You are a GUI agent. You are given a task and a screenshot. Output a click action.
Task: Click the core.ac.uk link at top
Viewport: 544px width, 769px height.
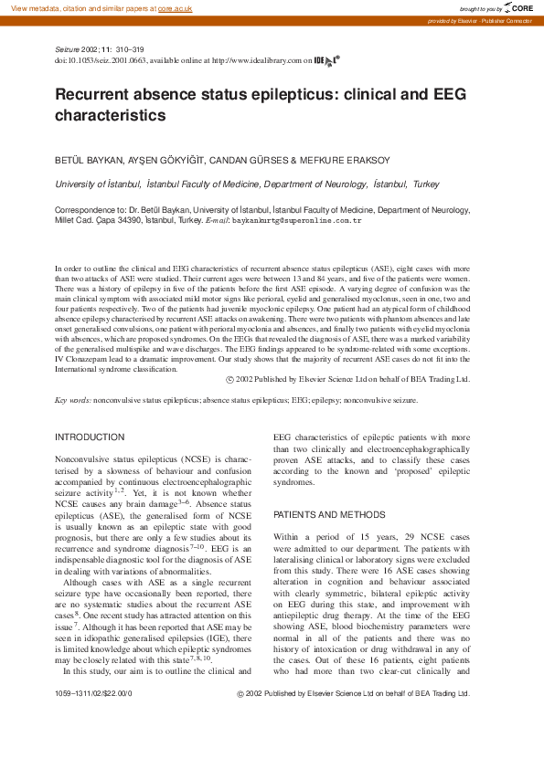point(174,7)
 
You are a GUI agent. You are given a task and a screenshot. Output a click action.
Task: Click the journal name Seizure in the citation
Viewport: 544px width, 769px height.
point(69,49)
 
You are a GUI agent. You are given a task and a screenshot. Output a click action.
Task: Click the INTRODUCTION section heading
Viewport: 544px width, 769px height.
point(90,437)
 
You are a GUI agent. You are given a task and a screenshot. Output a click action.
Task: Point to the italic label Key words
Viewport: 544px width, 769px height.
point(72,400)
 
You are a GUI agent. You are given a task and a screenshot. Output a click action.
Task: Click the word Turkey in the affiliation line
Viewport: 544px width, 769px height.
point(426,184)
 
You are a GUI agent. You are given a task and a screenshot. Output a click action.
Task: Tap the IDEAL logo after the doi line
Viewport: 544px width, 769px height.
point(326,60)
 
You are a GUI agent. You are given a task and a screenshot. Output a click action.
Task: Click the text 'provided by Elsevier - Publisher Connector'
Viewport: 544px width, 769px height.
point(483,20)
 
